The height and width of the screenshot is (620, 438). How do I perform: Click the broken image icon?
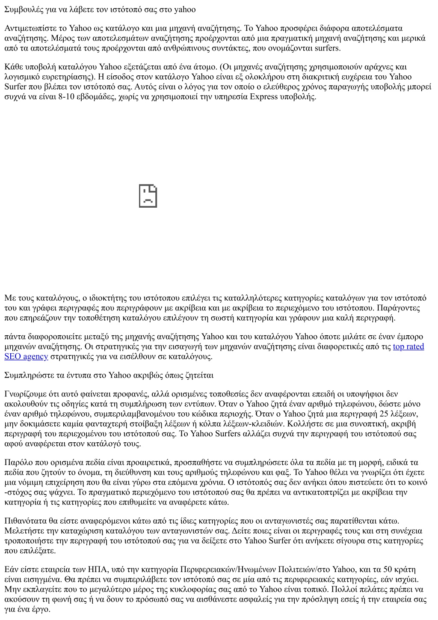[148, 197]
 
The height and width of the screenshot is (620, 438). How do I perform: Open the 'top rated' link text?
[408, 346]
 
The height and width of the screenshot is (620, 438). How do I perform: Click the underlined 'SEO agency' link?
[26, 356]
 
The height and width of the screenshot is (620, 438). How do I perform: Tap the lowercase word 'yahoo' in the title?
[185, 9]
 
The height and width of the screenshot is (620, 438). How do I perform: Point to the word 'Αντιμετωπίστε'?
[30, 28]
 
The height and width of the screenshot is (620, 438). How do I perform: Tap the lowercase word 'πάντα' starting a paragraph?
[14, 337]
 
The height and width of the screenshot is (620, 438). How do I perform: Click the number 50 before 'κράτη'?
[388, 569]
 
